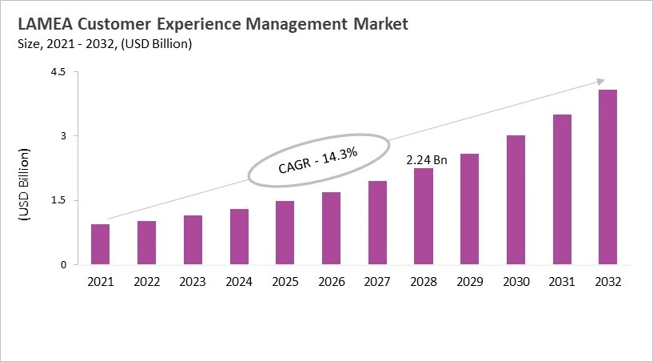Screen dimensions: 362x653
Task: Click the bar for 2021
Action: pyautogui.click(x=100, y=244)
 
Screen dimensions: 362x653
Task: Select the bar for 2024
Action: pyautogui.click(x=239, y=237)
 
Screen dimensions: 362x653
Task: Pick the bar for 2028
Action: pyautogui.click(x=424, y=216)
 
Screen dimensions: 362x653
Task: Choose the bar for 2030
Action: pyautogui.click(x=516, y=200)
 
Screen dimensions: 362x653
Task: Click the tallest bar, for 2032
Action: pyautogui.click(x=608, y=177)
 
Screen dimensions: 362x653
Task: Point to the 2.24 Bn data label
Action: pyautogui.click(x=427, y=160)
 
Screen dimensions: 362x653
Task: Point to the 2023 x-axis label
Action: pyautogui.click(x=193, y=282)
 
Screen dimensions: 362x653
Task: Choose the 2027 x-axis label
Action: pyautogui.click(x=377, y=282)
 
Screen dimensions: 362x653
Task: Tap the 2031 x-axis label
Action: pyautogui.click(x=562, y=282)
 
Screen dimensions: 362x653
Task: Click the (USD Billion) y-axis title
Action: pyautogui.click(x=24, y=185)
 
